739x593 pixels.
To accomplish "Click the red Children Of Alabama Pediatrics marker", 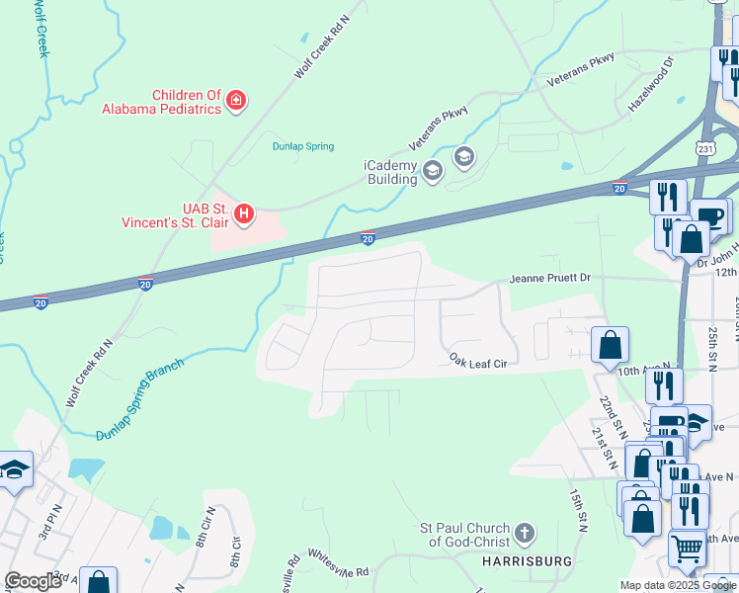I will pos(236,100).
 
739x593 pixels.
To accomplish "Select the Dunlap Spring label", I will pos(303,146).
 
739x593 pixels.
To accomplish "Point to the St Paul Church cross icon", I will pos(525,534).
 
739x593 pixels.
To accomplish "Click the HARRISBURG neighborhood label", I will pos(527,560).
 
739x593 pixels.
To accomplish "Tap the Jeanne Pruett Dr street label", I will pos(548,279).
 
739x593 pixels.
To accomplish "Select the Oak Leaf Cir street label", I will pos(477,362).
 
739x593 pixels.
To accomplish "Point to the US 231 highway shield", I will pos(704,147).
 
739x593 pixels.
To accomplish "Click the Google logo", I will pos(33,581).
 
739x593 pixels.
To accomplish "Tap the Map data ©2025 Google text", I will pos(678,585).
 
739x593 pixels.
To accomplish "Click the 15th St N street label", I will pos(579,510).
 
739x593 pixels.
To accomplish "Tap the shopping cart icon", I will pos(688,548).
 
